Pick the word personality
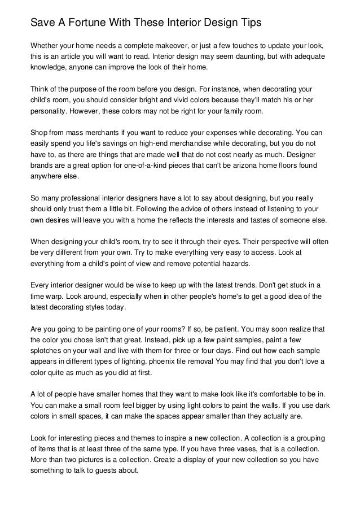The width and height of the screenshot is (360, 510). click(50, 112)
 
